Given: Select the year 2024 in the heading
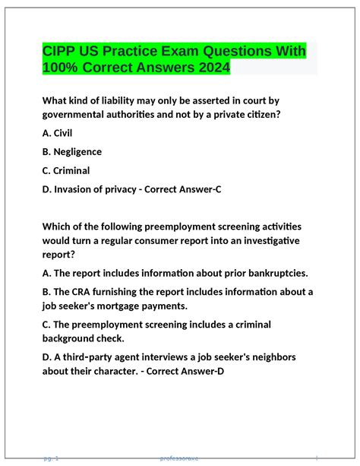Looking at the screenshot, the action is (208, 68).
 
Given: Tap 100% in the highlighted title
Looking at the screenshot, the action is (63, 68).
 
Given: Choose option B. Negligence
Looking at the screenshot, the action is (72, 152).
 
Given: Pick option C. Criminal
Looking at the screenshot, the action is (66, 170).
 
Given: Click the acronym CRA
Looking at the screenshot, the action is (81, 292).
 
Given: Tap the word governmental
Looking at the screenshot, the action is (78, 114).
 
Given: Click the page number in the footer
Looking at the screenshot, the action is (52, 458).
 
